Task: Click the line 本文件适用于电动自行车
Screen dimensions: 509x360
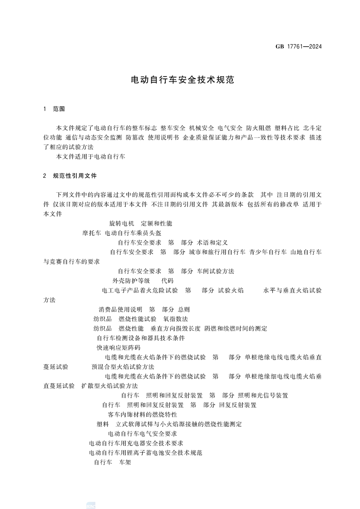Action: point(90,157)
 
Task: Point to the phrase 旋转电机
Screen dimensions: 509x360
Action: point(119,224)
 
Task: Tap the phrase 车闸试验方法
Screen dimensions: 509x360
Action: point(216,271)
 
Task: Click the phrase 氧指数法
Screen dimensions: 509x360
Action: point(176,319)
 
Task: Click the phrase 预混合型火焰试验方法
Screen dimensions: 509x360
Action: point(123,367)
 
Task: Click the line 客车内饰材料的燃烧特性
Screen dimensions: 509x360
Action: point(142,414)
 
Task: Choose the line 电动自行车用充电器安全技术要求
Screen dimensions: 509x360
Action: point(136,443)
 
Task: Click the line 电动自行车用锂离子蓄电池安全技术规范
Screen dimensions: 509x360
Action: point(145,452)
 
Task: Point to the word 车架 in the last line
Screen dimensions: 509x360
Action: point(125,462)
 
